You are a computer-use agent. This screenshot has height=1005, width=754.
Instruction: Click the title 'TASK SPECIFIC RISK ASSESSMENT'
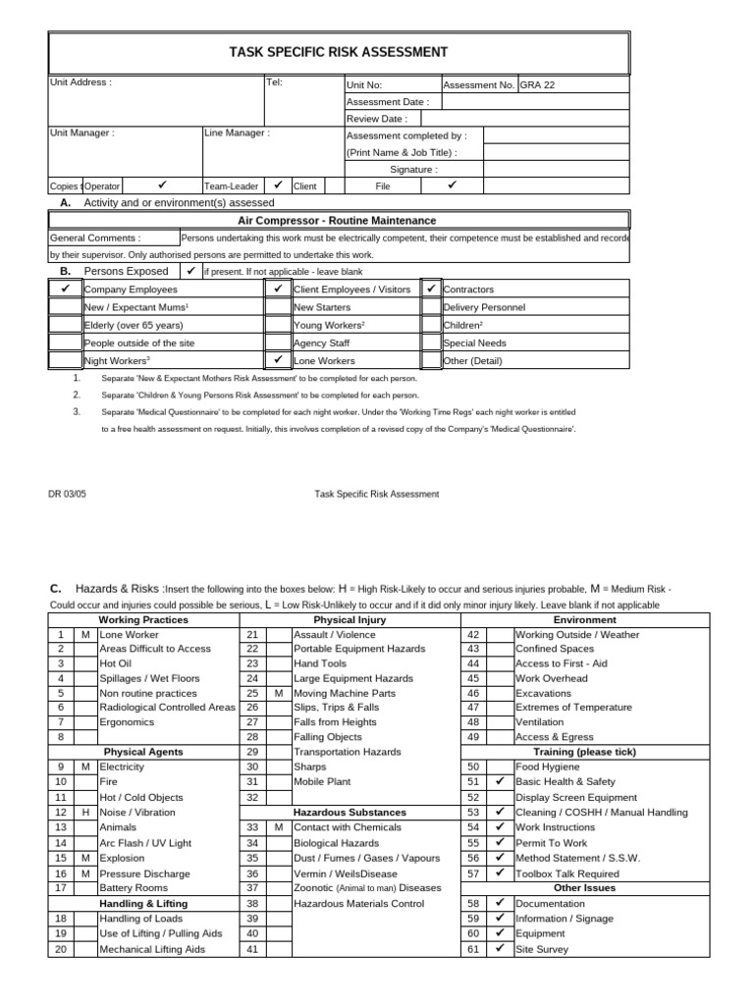click(338, 52)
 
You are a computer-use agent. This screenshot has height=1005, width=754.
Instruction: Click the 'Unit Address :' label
click(81, 82)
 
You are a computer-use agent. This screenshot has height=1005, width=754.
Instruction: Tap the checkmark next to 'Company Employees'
click(65, 290)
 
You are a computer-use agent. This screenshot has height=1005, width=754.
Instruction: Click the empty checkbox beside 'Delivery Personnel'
click(431, 307)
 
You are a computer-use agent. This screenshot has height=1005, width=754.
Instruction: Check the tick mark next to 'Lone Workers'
click(278, 360)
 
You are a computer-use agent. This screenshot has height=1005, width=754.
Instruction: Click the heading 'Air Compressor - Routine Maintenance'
click(338, 221)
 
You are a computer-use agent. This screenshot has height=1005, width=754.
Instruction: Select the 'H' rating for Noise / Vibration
click(85, 813)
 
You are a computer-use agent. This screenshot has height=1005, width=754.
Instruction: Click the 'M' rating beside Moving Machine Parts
click(279, 693)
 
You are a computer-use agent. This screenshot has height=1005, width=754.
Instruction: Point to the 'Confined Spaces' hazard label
click(554, 649)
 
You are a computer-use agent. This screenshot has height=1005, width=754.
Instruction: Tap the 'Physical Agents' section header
click(145, 752)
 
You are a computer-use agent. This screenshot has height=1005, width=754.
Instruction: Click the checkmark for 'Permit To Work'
click(500, 842)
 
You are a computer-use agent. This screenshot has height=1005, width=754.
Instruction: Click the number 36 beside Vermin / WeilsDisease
click(252, 873)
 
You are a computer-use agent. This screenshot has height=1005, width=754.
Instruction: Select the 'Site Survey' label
click(541, 949)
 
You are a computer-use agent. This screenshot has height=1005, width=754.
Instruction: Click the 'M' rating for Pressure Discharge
click(85, 873)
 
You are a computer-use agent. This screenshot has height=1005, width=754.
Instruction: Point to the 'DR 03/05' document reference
click(68, 495)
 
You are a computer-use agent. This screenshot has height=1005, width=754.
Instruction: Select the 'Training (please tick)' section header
click(584, 752)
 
